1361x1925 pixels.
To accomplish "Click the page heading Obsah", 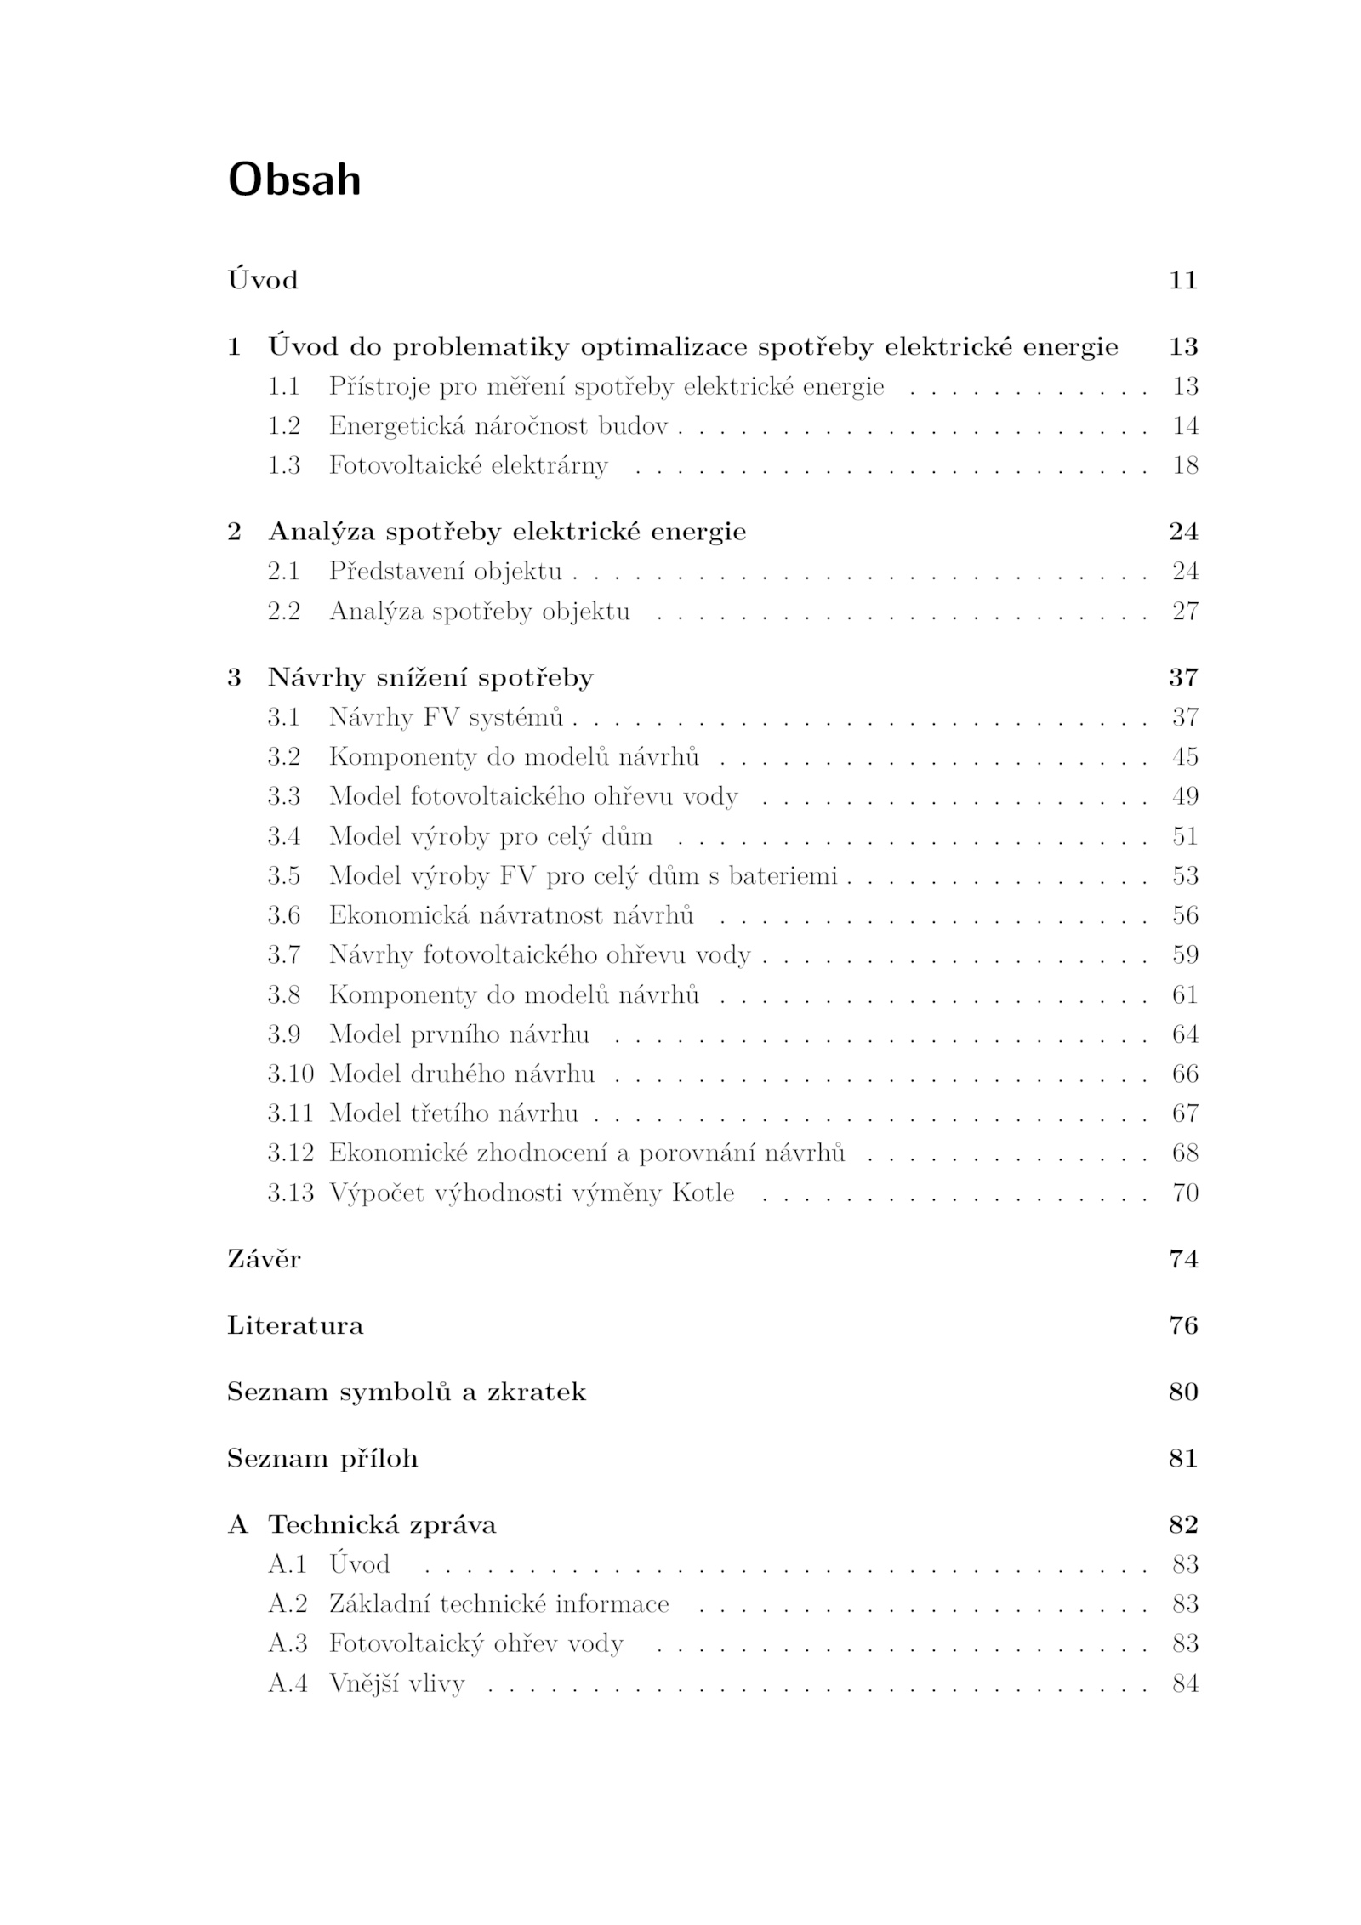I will [294, 180].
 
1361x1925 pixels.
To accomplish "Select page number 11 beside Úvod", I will [1183, 280].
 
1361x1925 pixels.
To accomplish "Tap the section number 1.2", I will [284, 425].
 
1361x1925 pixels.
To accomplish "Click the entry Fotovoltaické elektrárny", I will [469, 465].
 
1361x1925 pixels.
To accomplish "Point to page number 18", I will [1185, 465].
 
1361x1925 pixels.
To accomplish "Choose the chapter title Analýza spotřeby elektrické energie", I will [507, 532].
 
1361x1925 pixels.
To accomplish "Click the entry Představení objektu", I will [446, 571].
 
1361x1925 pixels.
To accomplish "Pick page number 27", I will [1185, 611].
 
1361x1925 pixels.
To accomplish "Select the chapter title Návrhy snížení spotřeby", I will [430, 677].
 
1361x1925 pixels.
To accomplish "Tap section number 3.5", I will [284, 875].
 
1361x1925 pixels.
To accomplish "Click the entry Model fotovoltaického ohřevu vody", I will [533, 796].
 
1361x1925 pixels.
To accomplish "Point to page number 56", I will [1185, 915].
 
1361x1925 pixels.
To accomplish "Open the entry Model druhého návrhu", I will [462, 1074].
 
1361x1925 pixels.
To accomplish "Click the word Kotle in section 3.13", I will [703, 1193].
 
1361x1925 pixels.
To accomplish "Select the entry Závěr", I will [264, 1259].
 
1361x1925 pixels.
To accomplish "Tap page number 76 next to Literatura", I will [1183, 1325].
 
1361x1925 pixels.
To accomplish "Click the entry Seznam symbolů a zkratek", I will [407, 1392].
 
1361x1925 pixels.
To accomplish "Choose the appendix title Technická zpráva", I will [382, 1524].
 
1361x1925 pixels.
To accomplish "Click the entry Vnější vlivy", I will [397, 1683].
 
